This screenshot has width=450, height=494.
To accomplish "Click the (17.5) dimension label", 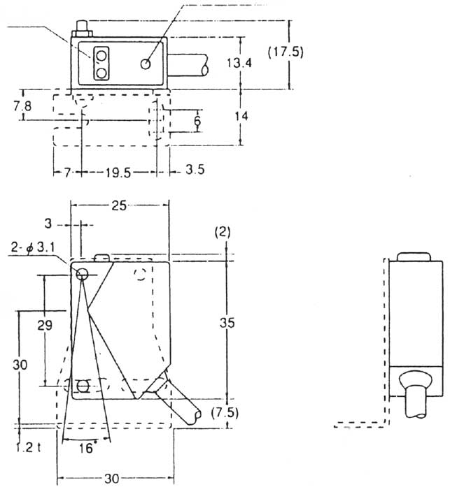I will pos(286,52).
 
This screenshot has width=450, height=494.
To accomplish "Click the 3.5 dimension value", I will pos(192,171).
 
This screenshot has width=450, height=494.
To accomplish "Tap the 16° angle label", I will pos(85,449).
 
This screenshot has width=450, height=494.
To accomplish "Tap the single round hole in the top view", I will pos(146,64).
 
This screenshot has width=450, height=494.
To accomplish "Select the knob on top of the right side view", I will pos(413,256).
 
